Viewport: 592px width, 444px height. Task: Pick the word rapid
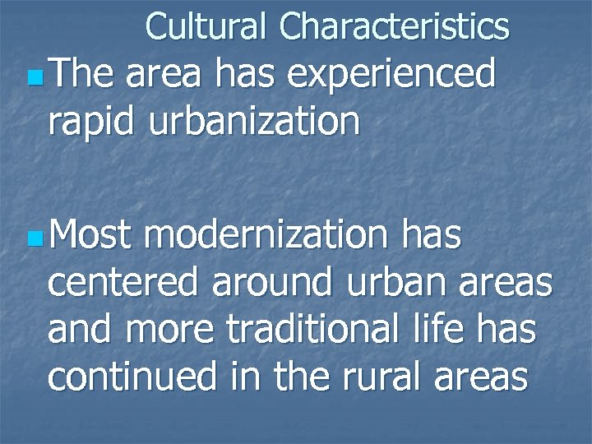(x=94, y=122)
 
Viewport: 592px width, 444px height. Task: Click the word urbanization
(x=255, y=122)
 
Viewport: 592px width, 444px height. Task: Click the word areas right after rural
(x=479, y=377)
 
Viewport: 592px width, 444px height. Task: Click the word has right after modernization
(x=432, y=238)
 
